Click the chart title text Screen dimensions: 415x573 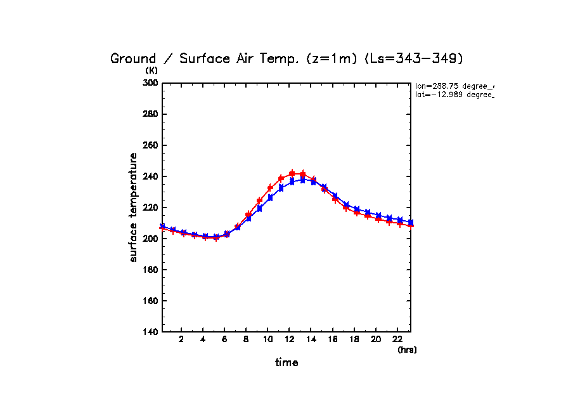(x=287, y=58)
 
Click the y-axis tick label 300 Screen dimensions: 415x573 (x=151, y=83)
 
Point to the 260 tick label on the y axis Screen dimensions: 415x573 (x=151, y=145)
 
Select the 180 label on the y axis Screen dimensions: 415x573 (x=151, y=270)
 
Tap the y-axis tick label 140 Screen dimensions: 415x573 (x=151, y=332)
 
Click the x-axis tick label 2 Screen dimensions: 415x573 (x=181, y=339)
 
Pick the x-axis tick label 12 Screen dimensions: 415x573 (x=289, y=339)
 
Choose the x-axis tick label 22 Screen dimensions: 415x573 (x=397, y=339)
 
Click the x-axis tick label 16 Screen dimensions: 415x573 (x=332, y=339)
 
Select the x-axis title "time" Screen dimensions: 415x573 (x=286, y=362)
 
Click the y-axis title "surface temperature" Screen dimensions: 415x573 (x=133, y=208)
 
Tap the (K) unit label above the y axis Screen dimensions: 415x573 (x=151, y=70)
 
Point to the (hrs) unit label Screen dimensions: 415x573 (x=407, y=350)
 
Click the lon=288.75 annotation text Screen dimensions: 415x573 (x=454, y=86)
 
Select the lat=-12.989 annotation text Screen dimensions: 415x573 (x=454, y=95)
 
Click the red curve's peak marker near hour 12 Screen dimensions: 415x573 (x=292, y=173)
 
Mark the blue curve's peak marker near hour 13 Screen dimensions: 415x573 (x=303, y=180)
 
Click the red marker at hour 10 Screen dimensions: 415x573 (x=271, y=188)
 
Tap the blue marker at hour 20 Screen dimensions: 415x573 (x=378, y=215)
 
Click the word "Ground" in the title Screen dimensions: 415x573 (x=133, y=58)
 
